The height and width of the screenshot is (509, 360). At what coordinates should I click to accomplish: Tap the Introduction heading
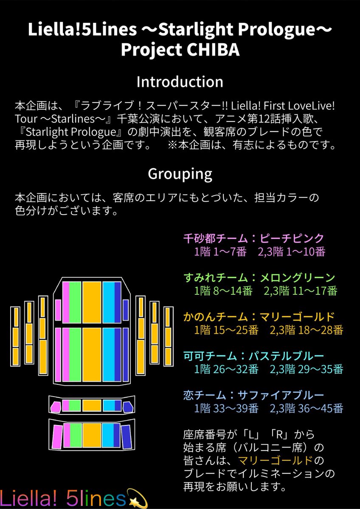click(x=180, y=81)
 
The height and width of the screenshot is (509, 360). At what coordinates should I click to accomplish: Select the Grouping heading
click(x=180, y=173)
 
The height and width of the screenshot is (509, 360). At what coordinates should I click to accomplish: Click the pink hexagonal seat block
click(x=55, y=407)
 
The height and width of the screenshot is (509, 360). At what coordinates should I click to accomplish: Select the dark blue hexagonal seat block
click(x=127, y=407)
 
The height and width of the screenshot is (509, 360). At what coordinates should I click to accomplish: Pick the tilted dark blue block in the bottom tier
click(x=126, y=436)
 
